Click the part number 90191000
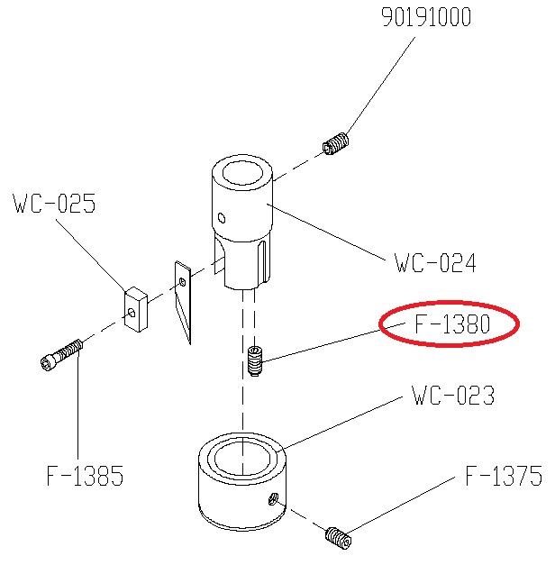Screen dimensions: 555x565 click(x=426, y=17)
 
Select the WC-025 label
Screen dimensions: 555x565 click(x=54, y=203)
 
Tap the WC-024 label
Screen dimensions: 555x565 click(x=435, y=263)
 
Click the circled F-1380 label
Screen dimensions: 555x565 click(x=452, y=324)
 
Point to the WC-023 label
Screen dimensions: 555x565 click(x=453, y=396)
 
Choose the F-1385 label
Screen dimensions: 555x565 click(x=85, y=476)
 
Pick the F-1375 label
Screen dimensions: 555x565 click(x=504, y=476)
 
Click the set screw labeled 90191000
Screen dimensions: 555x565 click(x=335, y=144)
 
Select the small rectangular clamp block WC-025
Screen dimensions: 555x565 click(x=135, y=309)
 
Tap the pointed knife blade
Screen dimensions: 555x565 click(x=184, y=301)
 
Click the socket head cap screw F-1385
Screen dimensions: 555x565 click(x=61, y=355)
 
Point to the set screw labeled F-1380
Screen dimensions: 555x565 click(x=255, y=360)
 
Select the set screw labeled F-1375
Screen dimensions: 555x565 click(x=338, y=538)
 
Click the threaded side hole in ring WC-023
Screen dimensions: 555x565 click(x=273, y=499)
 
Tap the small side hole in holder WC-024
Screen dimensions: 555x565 click(x=222, y=218)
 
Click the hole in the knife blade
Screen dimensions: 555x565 click(x=182, y=281)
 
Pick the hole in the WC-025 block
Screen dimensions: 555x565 click(x=132, y=312)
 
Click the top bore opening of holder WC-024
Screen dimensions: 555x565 click(x=242, y=173)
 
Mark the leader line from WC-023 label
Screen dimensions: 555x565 click(x=342, y=423)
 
